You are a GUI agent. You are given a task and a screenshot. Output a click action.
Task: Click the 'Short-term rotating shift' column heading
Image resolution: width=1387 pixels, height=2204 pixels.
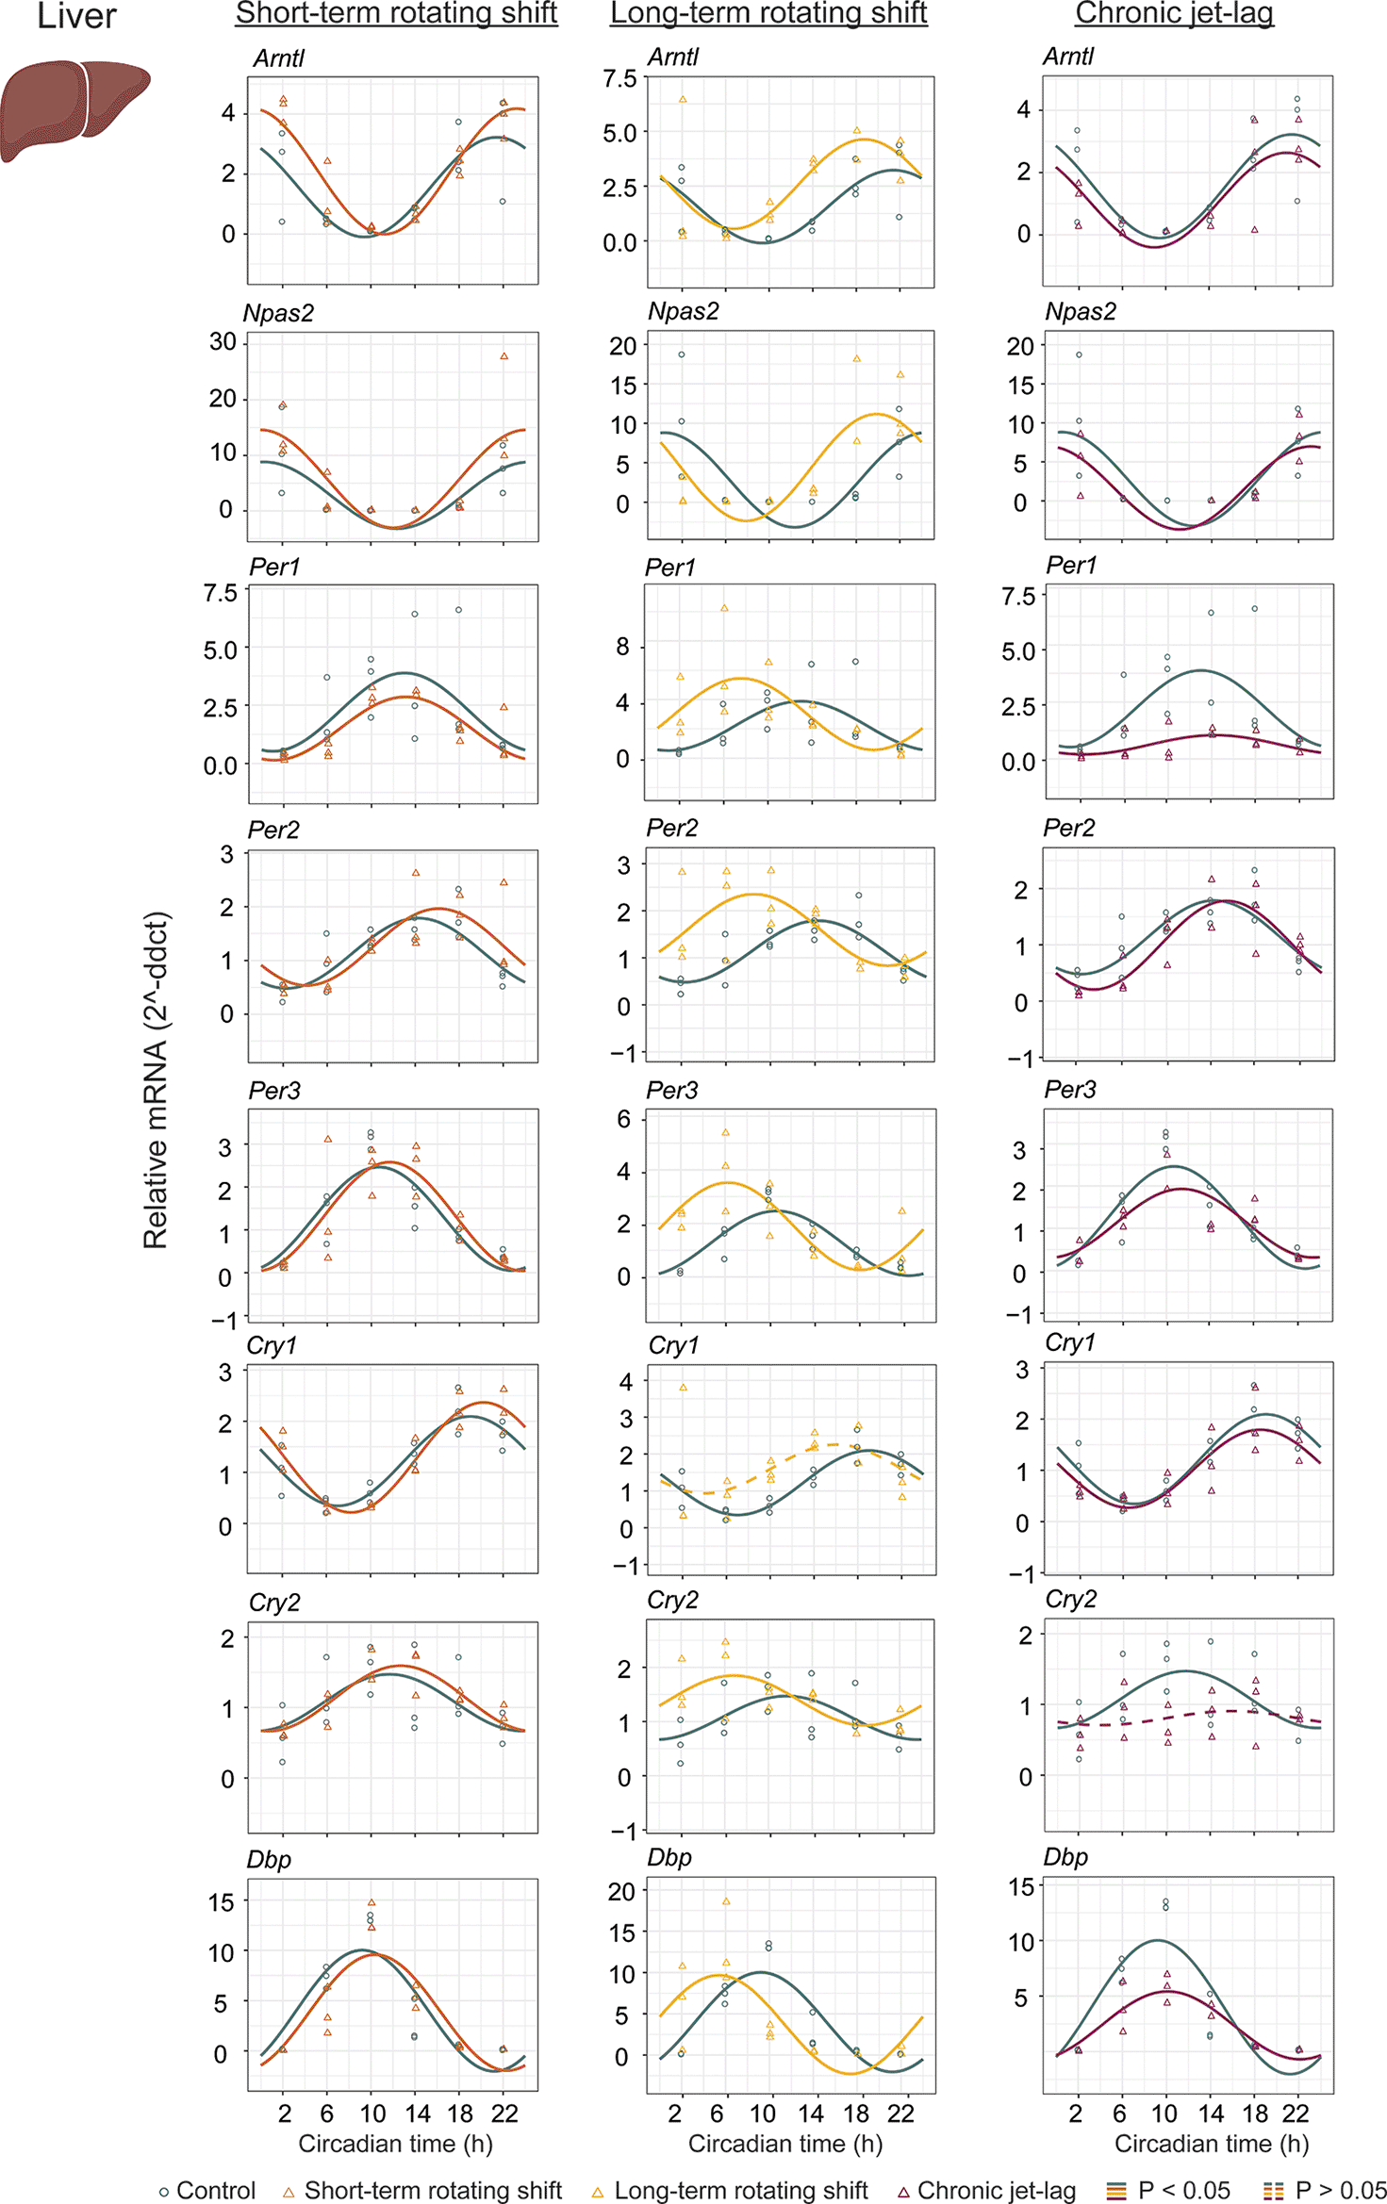[x=396, y=13]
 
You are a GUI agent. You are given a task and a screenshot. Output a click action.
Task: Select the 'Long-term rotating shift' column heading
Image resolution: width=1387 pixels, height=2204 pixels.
[x=768, y=13]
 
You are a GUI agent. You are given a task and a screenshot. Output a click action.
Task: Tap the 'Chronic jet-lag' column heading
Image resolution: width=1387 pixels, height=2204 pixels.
[x=1174, y=13]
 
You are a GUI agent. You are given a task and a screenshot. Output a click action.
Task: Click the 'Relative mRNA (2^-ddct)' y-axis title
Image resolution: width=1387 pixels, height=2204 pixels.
[x=156, y=1079]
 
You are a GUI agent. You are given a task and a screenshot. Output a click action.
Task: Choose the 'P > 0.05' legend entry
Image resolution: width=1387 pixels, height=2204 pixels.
[x=1325, y=2190]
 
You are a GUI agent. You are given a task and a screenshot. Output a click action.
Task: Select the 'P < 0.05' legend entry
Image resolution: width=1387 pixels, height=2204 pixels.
[x=1169, y=2190]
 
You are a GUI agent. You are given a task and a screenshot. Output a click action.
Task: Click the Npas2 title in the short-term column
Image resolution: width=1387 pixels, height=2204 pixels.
[x=278, y=313]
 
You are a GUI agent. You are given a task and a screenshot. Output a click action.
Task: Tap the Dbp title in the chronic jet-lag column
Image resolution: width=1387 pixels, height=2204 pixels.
[x=1065, y=1856]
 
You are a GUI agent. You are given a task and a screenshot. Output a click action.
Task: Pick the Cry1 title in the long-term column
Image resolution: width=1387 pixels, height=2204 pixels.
[x=673, y=1345]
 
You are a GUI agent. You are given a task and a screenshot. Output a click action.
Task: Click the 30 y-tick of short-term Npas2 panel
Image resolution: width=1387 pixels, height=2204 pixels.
[x=223, y=341]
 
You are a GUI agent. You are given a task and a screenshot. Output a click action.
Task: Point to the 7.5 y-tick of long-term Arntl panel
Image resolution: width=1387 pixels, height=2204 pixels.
[x=620, y=79]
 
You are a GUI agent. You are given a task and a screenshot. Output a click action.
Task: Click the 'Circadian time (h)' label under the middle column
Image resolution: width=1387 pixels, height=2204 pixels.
[x=784, y=2143]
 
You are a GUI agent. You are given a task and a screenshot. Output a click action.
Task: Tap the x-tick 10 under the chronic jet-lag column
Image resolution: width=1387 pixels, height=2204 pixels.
[x=1164, y=2113]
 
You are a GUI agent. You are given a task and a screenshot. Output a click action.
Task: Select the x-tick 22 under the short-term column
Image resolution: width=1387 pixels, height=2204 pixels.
[x=504, y=2113]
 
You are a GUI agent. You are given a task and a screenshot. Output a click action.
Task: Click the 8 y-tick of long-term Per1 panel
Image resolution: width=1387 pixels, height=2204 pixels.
[x=622, y=647]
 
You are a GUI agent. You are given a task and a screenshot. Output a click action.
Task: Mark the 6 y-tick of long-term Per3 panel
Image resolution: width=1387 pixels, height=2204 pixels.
[x=623, y=1119]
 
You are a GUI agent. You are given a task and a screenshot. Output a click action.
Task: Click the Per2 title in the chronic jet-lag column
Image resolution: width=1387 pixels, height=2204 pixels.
[x=1068, y=828]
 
